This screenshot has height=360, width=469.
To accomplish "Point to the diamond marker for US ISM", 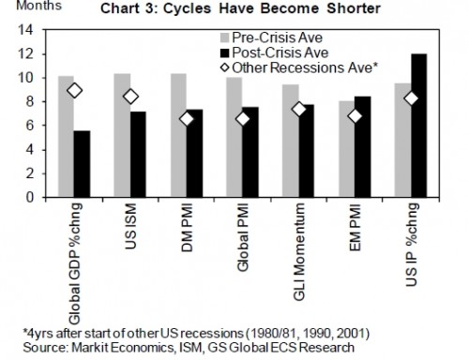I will point(131,97).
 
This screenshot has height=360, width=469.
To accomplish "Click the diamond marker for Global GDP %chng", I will point(75,90).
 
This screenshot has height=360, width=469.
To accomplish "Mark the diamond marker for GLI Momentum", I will point(299,109).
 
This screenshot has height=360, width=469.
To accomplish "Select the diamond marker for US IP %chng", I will point(410,98).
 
